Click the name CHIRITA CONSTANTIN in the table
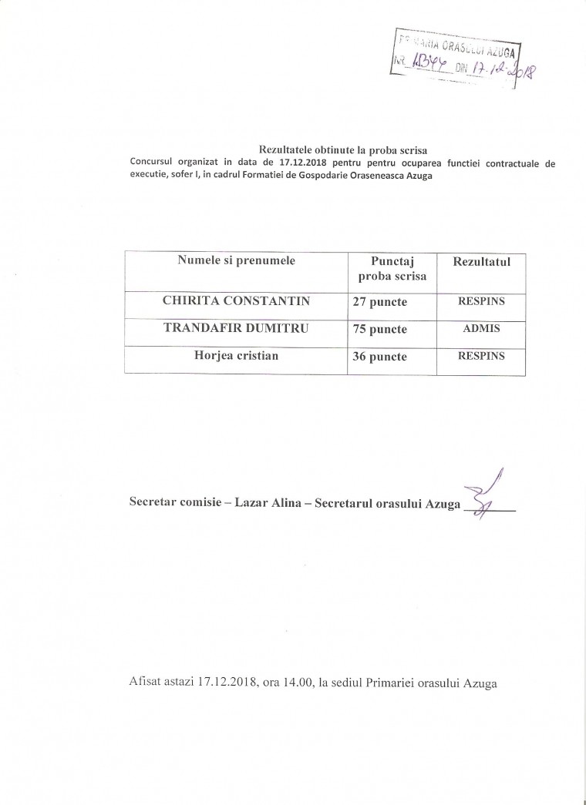235,302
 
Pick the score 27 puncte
379,304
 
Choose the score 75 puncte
379,330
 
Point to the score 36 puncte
379,357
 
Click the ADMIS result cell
481,329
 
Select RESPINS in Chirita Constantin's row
481,302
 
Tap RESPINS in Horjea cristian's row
481,356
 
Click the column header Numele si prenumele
236,261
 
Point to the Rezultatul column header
482,262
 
